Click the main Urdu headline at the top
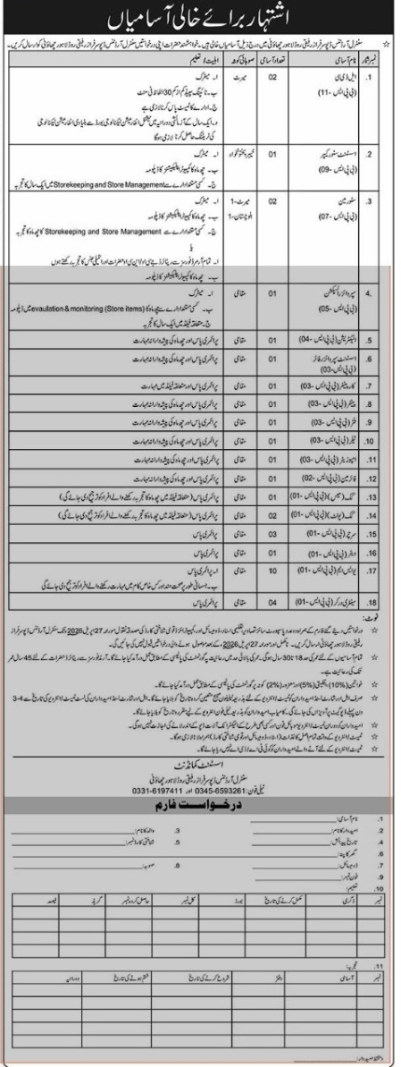pyautogui.click(x=202, y=16)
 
